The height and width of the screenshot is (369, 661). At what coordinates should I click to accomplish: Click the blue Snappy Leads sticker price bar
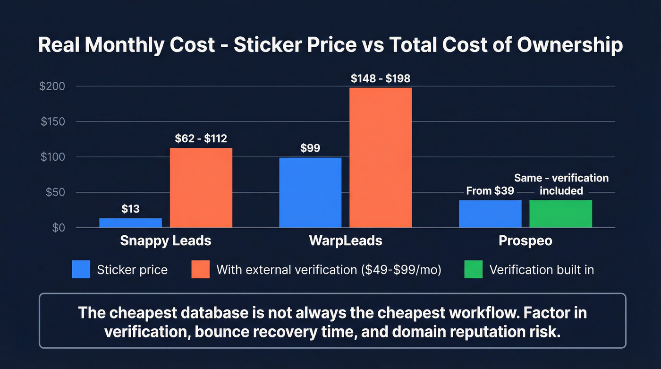(130, 223)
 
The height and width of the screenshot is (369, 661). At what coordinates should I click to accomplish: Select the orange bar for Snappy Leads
(201, 188)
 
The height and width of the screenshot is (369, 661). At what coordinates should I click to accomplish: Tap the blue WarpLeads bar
(310, 192)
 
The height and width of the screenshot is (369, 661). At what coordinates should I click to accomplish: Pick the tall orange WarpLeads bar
(381, 157)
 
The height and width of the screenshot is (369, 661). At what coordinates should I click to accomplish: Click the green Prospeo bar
(560, 214)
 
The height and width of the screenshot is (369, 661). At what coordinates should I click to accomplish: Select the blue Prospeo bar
(490, 214)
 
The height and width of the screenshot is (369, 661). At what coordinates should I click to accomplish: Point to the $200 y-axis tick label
(52, 86)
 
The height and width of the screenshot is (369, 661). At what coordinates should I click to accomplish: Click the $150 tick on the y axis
(52, 122)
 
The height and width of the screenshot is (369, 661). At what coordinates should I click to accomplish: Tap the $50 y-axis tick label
(55, 192)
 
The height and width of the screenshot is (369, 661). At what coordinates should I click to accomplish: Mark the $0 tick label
(58, 228)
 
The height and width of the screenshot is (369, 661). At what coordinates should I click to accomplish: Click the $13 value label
(130, 209)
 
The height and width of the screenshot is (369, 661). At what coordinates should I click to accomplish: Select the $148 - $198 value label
(381, 78)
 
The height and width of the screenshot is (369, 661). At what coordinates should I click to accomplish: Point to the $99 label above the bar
(310, 148)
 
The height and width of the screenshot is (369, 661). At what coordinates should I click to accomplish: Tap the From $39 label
(490, 191)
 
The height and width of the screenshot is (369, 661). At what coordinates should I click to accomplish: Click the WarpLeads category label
(346, 241)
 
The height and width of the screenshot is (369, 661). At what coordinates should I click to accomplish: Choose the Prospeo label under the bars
(525, 241)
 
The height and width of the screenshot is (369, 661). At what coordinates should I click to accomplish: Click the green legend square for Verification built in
(474, 270)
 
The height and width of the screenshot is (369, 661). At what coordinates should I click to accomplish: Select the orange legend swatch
(200, 270)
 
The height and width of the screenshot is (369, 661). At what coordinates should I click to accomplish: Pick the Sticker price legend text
(132, 270)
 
